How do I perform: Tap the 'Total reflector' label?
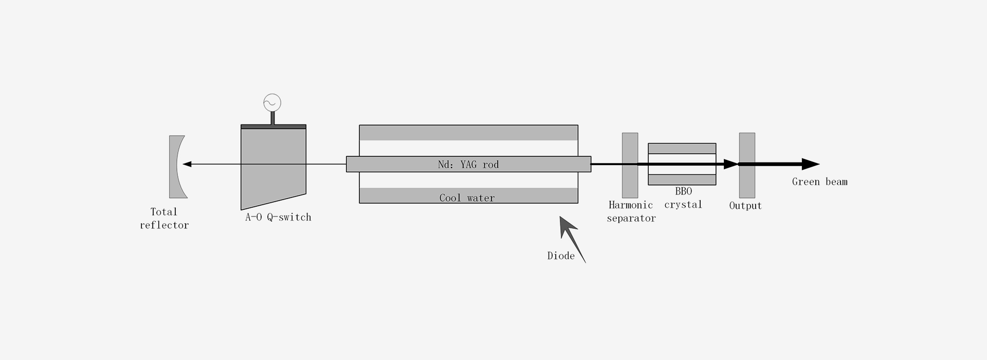[164, 219]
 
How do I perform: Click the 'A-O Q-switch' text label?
[278, 217]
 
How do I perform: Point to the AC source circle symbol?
[272, 103]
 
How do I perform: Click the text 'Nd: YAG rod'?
[468, 165]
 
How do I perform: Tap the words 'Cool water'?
[467, 198]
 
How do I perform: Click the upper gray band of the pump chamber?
[468, 133]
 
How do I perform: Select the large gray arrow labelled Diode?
[572, 239]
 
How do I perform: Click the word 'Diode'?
[561, 256]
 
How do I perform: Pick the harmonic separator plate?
[630, 166]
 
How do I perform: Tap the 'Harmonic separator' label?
[631, 212]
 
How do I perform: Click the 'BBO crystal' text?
[683, 198]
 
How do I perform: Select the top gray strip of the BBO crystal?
[682, 149]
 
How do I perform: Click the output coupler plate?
[747, 166]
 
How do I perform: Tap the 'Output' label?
[745, 206]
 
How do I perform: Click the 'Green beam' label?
[819, 182]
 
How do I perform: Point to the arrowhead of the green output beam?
[811, 165]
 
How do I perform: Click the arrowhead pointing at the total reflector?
[187, 165]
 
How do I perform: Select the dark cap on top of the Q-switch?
[273, 127]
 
